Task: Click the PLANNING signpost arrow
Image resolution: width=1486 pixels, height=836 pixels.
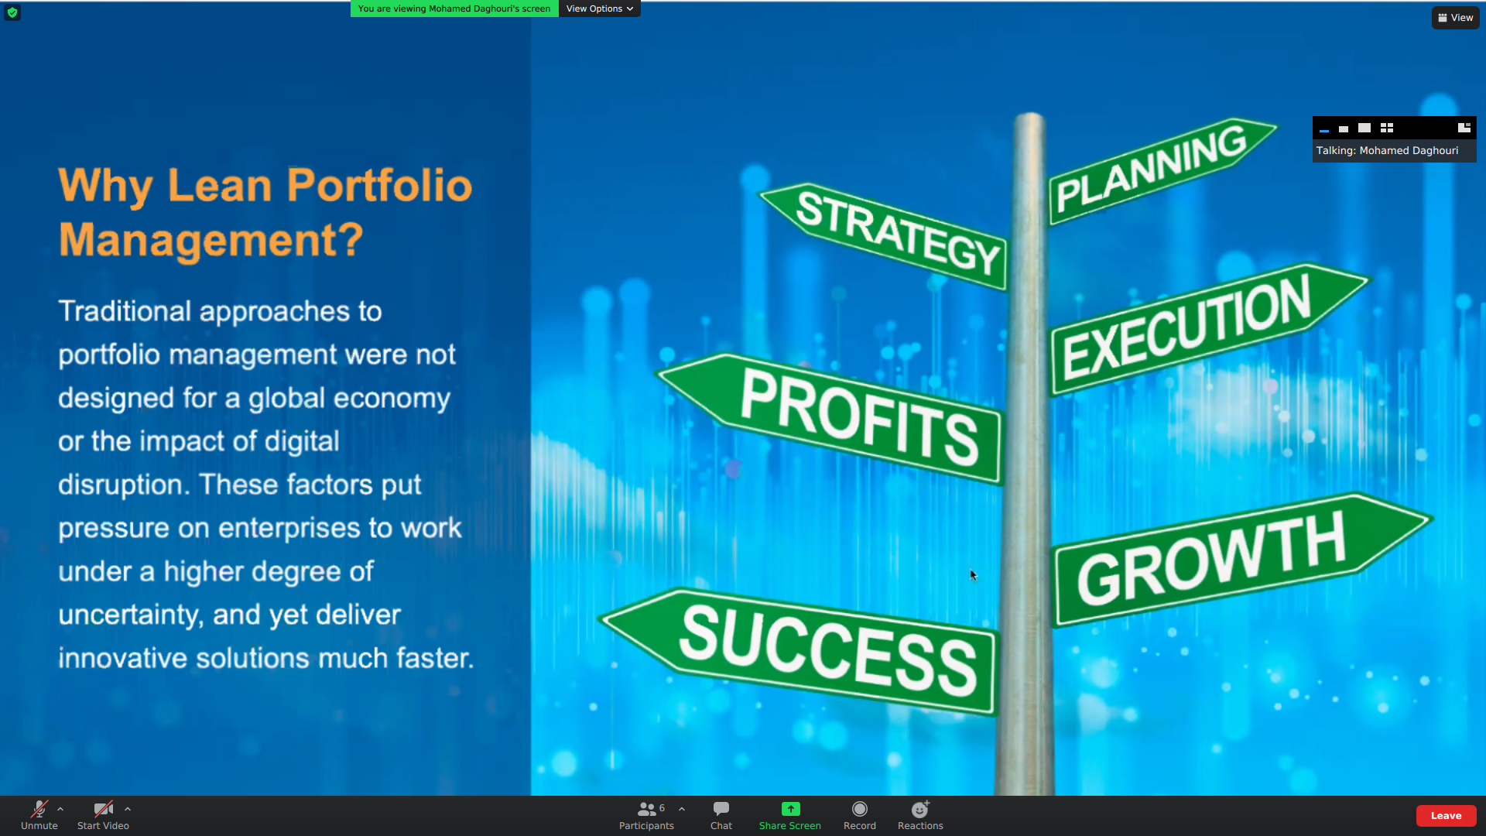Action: click(1161, 172)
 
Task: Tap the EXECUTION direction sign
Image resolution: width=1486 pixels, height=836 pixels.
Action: click(1207, 329)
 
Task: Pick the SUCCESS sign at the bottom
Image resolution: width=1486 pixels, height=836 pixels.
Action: click(801, 650)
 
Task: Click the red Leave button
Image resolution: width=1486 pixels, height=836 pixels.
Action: click(1446, 816)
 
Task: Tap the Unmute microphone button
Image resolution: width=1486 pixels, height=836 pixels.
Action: click(39, 815)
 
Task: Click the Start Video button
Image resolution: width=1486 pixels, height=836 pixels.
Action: click(103, 815)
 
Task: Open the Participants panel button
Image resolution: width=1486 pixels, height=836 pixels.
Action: click(646, 815)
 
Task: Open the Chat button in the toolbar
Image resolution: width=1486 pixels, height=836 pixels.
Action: click(721, 815)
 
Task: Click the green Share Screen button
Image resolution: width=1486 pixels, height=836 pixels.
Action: click(790, 815)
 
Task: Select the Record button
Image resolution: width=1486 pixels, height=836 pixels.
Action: click(860, 815)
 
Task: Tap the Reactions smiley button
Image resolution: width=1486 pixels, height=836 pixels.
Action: click(920, 815)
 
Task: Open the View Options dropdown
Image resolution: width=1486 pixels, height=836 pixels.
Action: click(599, 9)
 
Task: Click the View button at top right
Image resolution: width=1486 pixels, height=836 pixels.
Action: click(1456, 18)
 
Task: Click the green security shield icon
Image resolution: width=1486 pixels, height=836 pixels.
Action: click(12, 12)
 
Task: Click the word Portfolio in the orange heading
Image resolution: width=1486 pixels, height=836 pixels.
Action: click(379, 186)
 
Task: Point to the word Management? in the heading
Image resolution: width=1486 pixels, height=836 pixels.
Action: click(211, 239)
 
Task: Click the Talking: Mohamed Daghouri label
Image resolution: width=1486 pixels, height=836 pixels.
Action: click(1388, 151)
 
